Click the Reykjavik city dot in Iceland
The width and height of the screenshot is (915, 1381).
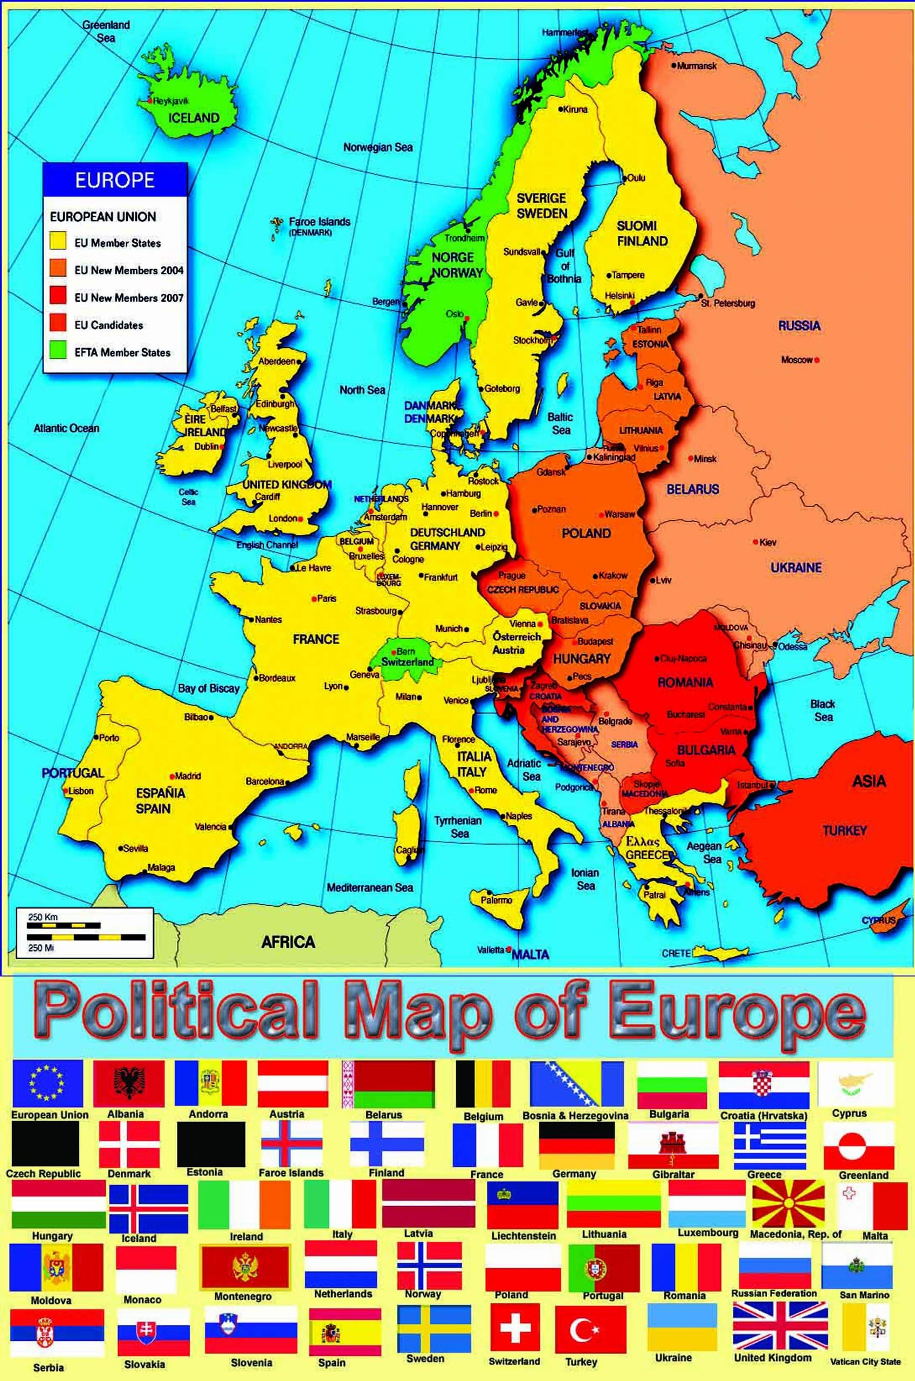(150, 100)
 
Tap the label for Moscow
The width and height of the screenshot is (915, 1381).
(796, 360)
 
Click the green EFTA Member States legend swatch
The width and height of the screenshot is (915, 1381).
(58, 352)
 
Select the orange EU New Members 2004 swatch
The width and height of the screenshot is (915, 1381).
(58, 270)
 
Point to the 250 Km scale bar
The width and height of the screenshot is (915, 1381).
(64, 925)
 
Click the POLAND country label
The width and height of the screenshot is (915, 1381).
(586, 533)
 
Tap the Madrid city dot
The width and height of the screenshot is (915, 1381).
(172, 776)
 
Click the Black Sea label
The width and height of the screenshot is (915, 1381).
(823, 710)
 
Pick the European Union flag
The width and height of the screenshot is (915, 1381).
(47, 1083)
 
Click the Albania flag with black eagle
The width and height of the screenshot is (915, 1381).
(128, 1083)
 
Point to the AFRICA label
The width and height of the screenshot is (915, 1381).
(288, 942)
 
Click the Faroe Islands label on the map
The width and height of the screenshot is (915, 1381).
(319, 222)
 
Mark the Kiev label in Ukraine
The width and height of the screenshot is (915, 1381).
(768, 542)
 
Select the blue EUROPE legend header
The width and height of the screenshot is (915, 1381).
(115, 180)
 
